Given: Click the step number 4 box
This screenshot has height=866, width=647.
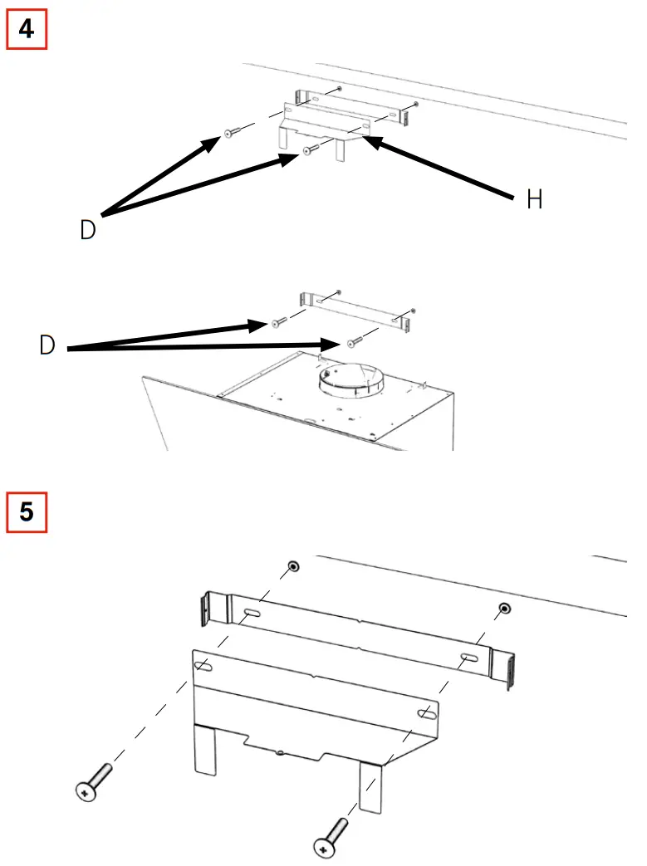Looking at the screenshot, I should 27,29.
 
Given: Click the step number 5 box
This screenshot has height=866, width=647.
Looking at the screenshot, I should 27,511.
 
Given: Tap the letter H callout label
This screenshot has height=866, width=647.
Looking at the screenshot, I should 535,200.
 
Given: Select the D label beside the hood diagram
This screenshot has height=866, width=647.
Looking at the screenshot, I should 48,345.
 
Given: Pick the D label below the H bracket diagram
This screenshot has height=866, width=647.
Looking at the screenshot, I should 88,230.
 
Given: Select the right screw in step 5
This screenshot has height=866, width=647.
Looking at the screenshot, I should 331,835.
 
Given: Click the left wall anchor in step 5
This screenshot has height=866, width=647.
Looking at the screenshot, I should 292,567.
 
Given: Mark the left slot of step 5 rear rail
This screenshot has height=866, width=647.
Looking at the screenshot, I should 252,614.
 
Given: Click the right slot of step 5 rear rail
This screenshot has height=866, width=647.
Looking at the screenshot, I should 469,658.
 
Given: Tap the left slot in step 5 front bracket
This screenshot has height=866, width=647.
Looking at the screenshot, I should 202,666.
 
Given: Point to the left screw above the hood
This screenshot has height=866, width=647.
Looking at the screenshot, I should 278,321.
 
